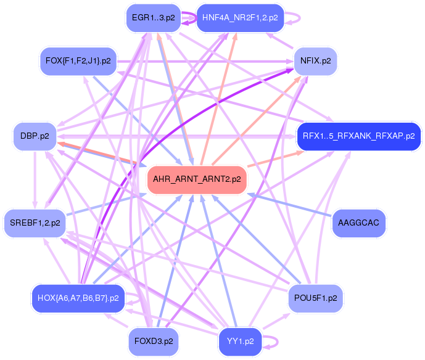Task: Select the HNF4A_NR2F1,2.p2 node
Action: (x=239, y=18)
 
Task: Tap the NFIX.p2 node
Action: (x=315, y=61)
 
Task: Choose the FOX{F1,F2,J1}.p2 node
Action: (x=78, y=61)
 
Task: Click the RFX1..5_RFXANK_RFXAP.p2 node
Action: (x=358, y=136)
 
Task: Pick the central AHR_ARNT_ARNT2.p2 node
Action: (x=197, y=179)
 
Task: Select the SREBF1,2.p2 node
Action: (x=35, y=223)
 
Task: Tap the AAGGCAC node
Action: (x=359, y=223)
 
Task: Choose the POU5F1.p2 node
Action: (x=315, y=298)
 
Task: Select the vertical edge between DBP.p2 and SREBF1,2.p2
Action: (x=35, y=179)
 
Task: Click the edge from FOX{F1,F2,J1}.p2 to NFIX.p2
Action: (x=204, y=61)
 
